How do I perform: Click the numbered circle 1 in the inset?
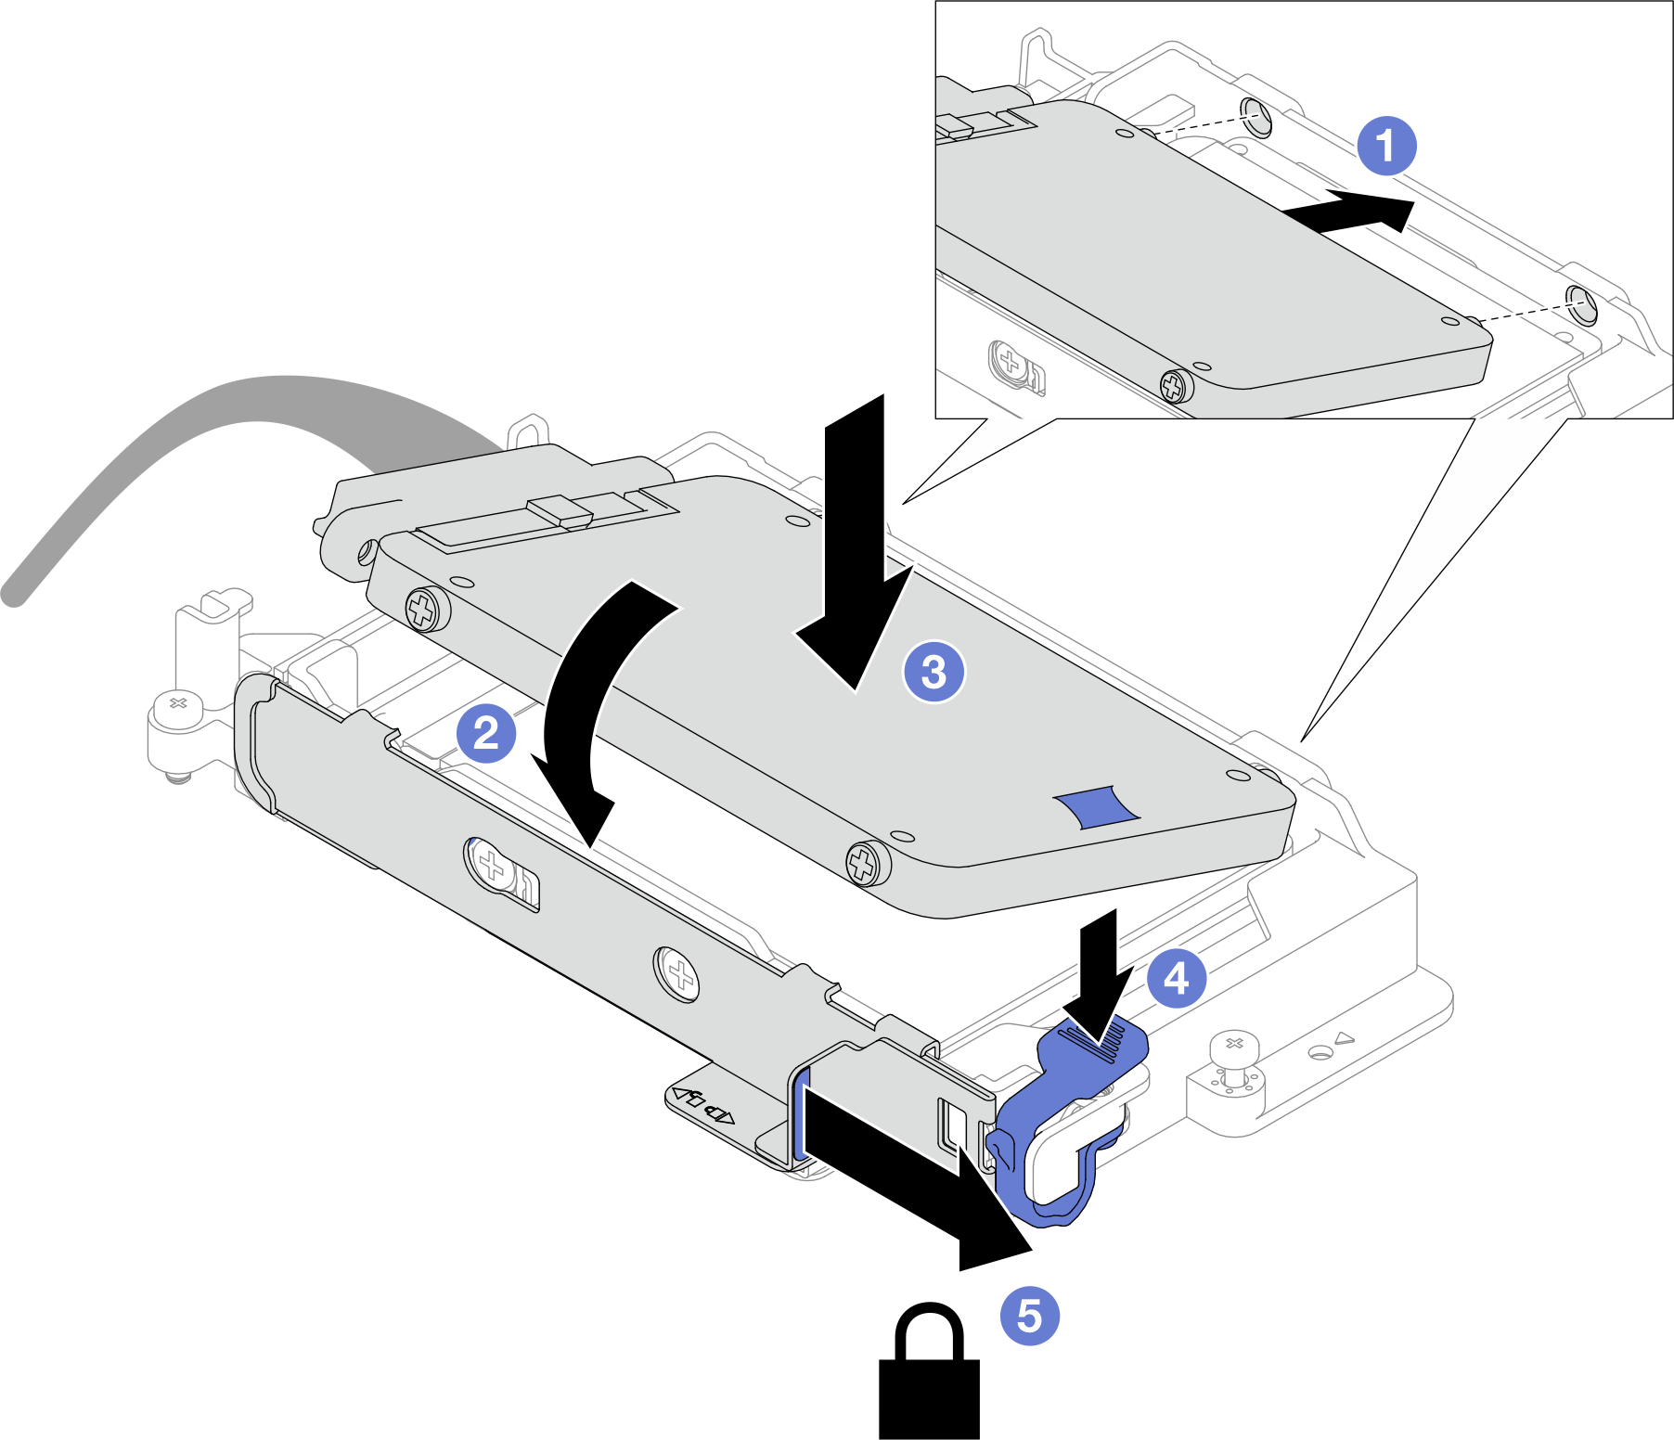coord(1386,146)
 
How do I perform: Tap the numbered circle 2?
coord(486,734)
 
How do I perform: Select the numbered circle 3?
coord(934,671)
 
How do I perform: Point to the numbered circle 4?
coord(1176,978)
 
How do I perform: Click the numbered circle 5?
coord(1029,1315)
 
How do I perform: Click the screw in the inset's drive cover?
coord(1174,385)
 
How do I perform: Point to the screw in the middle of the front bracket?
coord(678,973)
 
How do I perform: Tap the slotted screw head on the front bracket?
coord(492,867)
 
